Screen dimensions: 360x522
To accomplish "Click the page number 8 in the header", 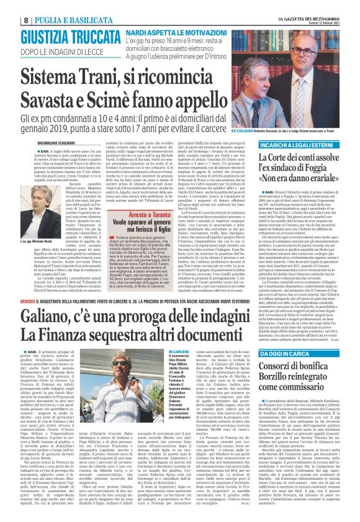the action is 9,6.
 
